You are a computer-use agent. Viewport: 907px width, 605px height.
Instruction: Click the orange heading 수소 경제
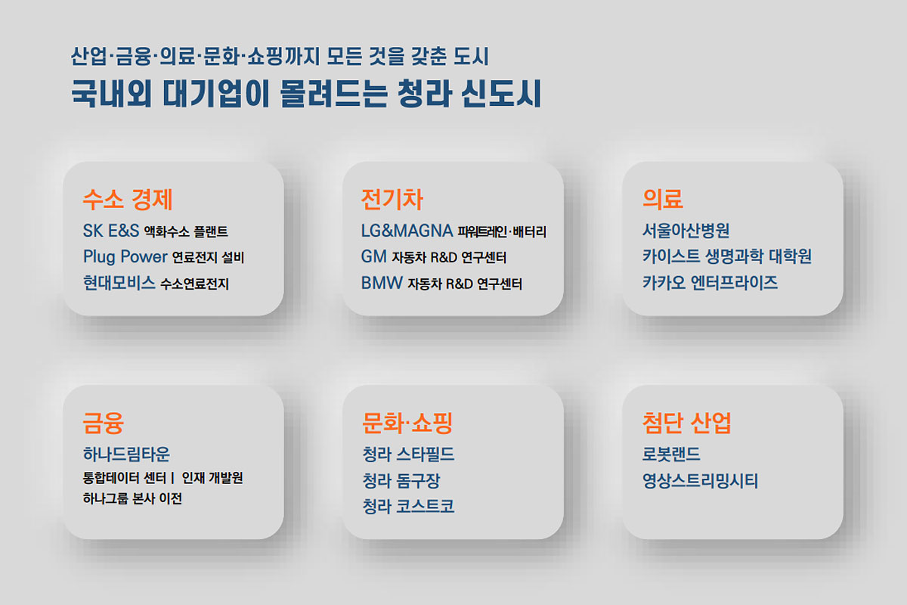pos(128,200)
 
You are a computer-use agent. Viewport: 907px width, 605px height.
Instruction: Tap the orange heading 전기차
pos(392,200)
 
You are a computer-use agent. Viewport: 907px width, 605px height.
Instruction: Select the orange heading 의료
pos(663,200)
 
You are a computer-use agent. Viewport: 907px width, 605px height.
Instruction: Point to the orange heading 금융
pos(104,423)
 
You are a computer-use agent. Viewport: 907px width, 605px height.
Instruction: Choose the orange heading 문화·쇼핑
pos(407,423)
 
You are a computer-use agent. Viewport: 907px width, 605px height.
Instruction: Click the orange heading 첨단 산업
pos(687,423)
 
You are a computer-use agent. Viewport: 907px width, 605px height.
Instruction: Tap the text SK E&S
pos(111,231)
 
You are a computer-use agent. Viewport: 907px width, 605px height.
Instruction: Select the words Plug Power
pos(125,257)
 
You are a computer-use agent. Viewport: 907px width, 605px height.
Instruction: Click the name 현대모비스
pos(119,283)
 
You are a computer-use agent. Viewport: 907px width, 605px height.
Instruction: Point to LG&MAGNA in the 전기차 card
pos(407,231)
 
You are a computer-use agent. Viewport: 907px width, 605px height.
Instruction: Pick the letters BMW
pos(382,283)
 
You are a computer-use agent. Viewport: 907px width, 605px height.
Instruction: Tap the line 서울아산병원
pos(686,231)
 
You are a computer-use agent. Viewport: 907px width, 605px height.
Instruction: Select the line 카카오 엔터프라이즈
pos(710,282)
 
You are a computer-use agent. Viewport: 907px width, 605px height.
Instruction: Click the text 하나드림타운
pos(126,454)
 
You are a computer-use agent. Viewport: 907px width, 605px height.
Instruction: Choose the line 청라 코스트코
pos(408,506)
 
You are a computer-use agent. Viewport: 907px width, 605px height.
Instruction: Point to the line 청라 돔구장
pos(401,480)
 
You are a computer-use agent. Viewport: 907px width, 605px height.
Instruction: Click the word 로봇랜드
pos(671,454)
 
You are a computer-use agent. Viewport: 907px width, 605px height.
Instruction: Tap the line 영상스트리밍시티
pos(700,480)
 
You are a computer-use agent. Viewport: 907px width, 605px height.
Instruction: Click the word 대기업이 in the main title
pos(216,94)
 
